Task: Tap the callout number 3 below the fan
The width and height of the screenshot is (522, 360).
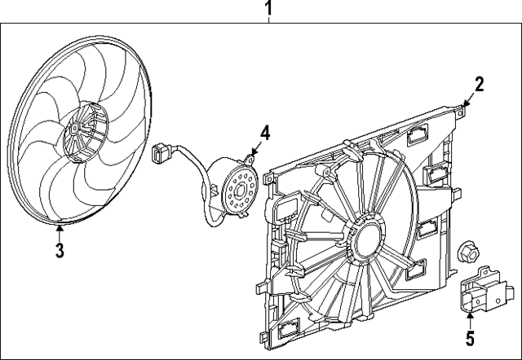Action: click(x=60, y=250)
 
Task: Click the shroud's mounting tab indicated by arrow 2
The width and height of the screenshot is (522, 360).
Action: click(x=462, y=104)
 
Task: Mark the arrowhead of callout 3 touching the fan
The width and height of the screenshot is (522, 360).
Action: click(x=61, y=223)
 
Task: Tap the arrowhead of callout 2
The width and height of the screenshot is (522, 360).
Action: click(x=467, y=100)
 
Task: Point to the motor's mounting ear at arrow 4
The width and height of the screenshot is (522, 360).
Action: click(x=250, y=156)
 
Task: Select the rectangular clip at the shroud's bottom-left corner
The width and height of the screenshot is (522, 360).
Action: click(x=290, y=330)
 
